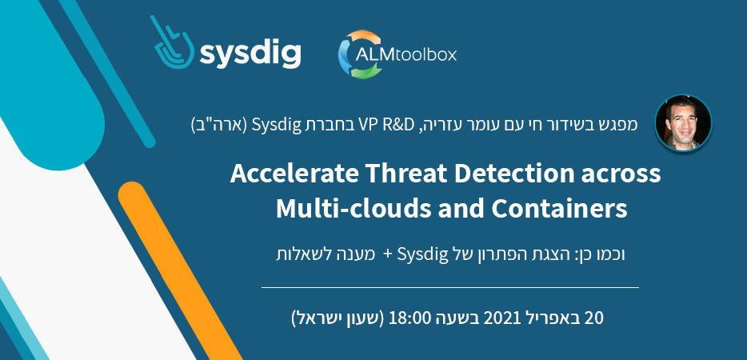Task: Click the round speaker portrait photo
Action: pyautogui.click(x=683, y=123)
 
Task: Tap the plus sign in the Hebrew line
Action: pyautogui.click(x=388, y=254)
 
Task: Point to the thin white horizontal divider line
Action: pyautogui.click(x=450, y=287)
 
